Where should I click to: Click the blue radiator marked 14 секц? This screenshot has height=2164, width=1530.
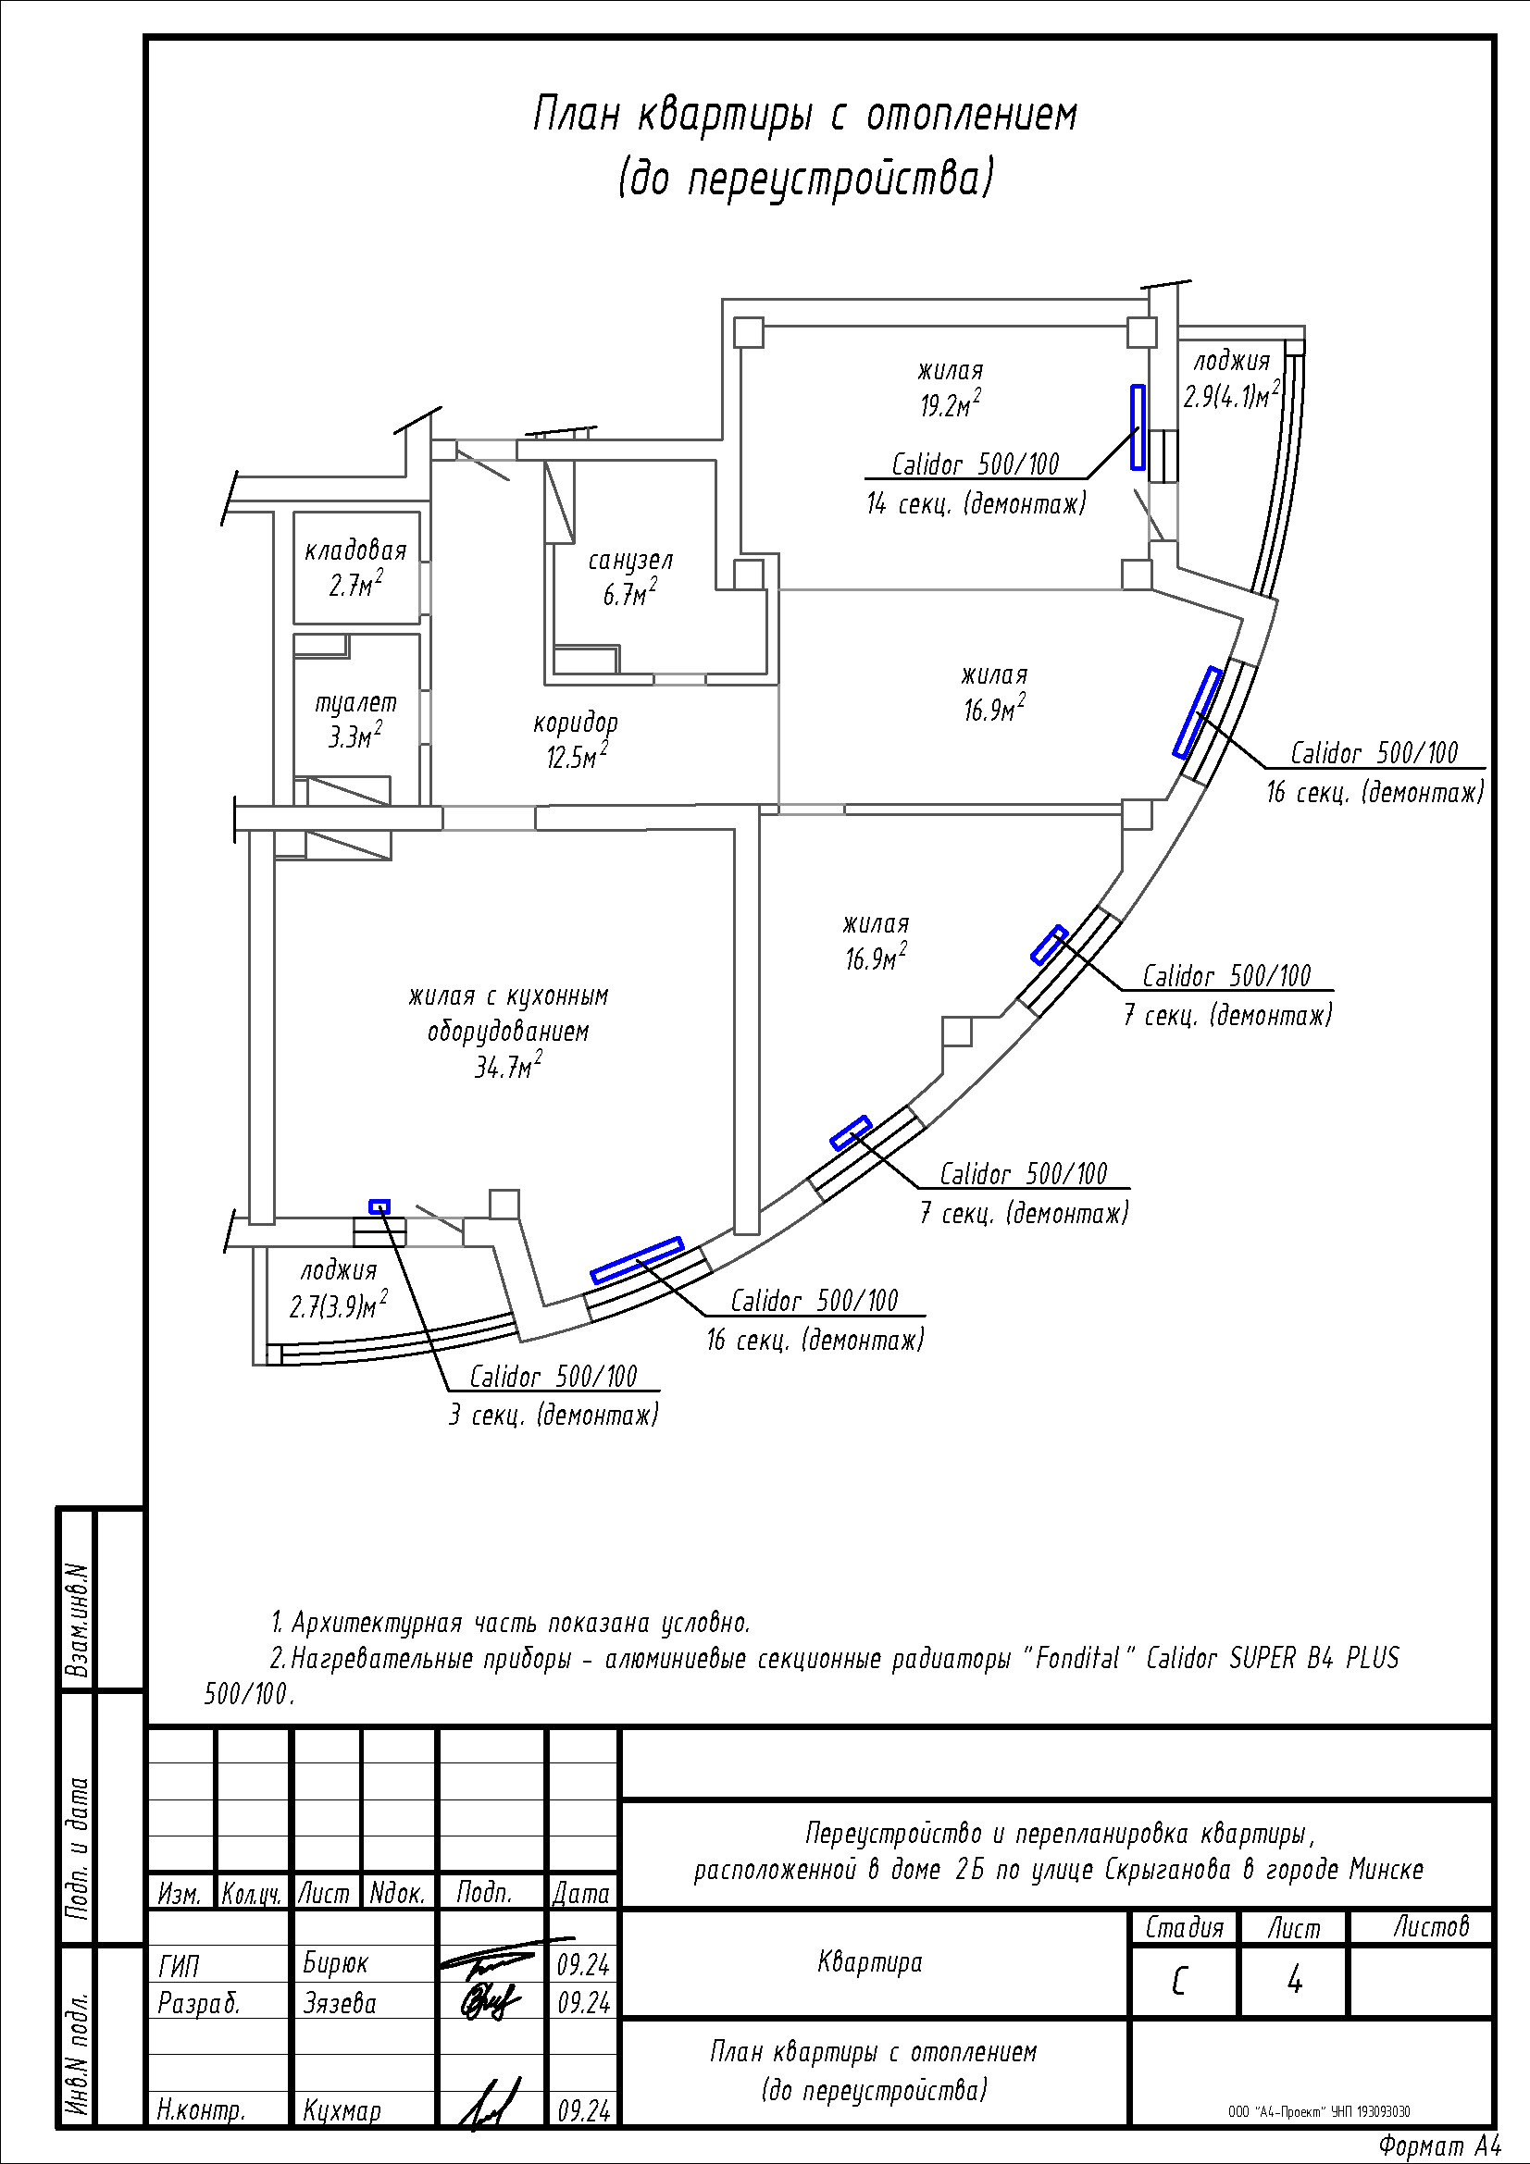(x=1138, y=427)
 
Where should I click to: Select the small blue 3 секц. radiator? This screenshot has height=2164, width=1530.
(x=379, y=1206)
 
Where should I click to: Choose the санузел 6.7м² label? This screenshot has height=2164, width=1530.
(x=630, y=576)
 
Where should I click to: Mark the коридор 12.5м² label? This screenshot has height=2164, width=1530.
(x=576, y=740)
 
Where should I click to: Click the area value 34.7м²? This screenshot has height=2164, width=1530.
(x=508, y=1066)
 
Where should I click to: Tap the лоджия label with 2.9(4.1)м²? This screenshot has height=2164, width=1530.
(x=1232, y=378)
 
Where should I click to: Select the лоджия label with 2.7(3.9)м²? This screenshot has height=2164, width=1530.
(x=339, y=1289)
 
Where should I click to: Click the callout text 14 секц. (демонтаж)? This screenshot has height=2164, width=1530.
(x=976, y=504)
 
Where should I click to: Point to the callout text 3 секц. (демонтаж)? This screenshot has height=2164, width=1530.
(x=554, y=1416)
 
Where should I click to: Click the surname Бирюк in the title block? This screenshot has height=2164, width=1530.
(x=336, y=1963)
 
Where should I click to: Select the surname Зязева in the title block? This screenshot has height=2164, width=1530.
(x=340, y=2002)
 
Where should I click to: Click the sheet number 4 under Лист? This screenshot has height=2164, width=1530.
(x=1294, y=1981)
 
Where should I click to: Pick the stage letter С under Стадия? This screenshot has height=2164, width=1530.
(x=1179, y=1982)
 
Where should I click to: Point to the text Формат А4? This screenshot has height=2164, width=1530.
(x=1438, y=2146)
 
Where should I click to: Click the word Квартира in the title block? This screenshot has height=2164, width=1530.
(x=870, y=1962)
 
